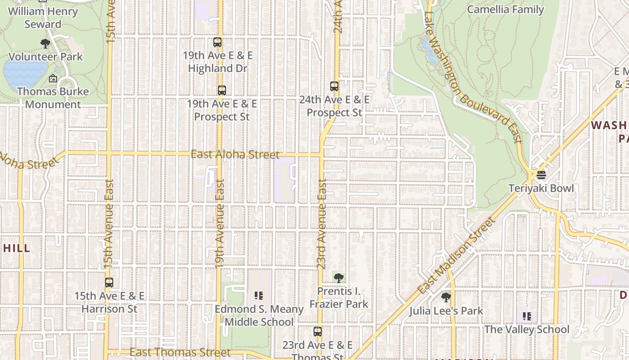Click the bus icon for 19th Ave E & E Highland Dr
217,42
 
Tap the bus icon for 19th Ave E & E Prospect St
221,90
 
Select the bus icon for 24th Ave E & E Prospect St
334,86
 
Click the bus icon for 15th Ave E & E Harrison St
109,283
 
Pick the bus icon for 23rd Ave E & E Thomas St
318,332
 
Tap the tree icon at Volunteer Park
45,44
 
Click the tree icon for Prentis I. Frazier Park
339,278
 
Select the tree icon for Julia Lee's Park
446,297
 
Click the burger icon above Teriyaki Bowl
541,175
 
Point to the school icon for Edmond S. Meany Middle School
258,296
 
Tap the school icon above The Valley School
527,316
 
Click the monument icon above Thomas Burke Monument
53,78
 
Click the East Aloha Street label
235,154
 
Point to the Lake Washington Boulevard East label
472,76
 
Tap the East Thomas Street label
180,352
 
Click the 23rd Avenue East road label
322,224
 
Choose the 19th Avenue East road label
219,224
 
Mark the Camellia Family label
505,9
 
